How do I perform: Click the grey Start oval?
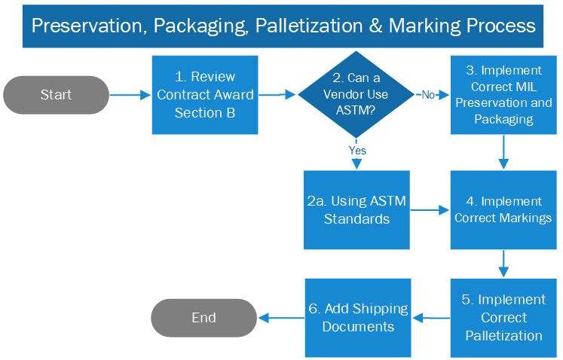coord(57,95)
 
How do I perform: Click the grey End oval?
coord(203,318)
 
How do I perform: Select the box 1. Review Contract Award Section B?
coord(205,95)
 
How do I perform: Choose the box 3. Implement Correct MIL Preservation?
coord(503,95)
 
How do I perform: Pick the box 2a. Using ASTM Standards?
coord(356,210)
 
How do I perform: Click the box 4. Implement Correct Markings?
coord(503,210)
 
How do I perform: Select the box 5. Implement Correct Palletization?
coord(503,318)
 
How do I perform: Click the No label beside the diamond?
coord(428,95)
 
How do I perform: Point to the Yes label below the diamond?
coord(357,151)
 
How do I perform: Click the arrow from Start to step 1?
coord(130,95)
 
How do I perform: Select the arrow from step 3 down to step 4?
coord(503,152)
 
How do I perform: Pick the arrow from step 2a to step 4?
coord(430,210)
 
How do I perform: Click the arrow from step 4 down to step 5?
coord(503,264)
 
